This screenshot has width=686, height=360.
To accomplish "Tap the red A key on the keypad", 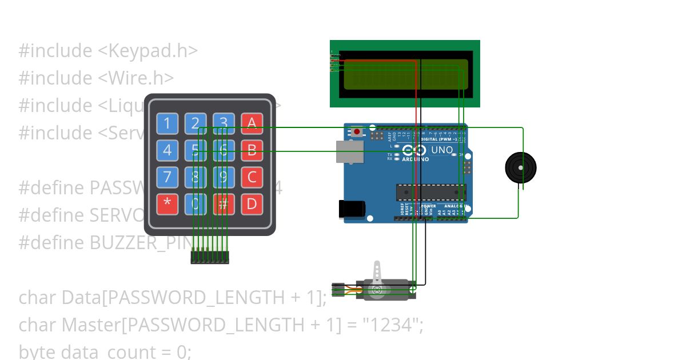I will click(252, 123).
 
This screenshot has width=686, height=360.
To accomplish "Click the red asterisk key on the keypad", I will click(167, 204).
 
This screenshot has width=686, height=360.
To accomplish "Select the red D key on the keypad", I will click(252, 204).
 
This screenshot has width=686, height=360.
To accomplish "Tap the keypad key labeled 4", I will click(167, 150).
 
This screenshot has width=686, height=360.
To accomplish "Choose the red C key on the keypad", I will click(252, 177).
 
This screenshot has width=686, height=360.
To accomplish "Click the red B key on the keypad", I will click(252, 150).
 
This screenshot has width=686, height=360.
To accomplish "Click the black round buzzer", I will click(520, 168).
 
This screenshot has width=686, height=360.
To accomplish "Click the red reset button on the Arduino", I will click(357, 132).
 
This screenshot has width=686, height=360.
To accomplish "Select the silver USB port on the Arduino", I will click(349, 151).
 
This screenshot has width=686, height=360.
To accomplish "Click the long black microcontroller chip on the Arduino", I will click(431, 193).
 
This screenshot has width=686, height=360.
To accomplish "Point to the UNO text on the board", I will click(441, 150).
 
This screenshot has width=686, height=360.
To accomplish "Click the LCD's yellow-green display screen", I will click(405, 74).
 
